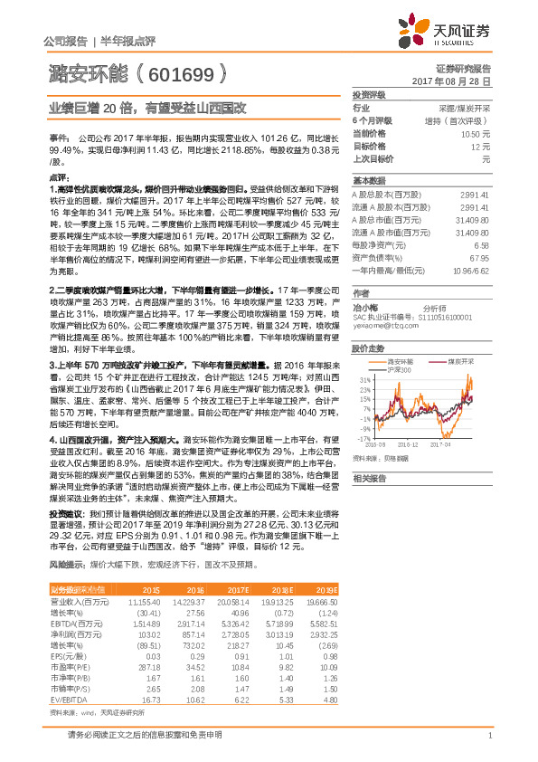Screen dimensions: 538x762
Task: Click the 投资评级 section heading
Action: click(x=370, y=94)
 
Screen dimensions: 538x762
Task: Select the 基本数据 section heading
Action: click(x=370, y=179)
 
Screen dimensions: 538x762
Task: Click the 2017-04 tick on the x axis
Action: click(x=449, y=446)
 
